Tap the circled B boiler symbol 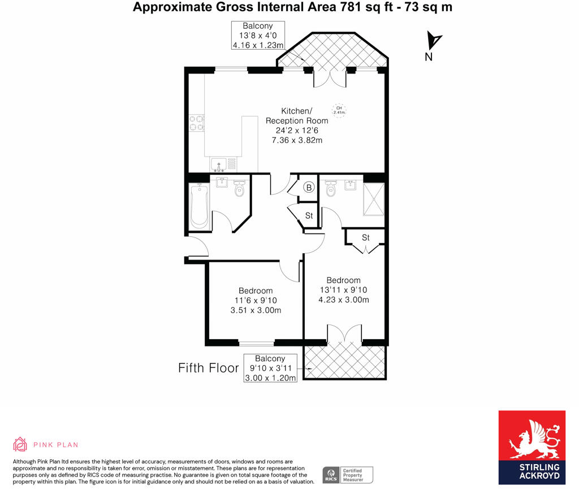tap(309, 188)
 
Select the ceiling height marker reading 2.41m tap(339, 110)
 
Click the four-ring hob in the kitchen tap(197, 123)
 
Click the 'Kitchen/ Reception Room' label tap(297, 115)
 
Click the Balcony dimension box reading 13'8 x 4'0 tap(258, 36)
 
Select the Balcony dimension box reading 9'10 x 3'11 tap(270, 368)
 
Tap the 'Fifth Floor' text tap(209, 368)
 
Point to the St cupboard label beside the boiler tap(309, 215)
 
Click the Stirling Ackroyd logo tap(532, 447)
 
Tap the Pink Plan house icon tap(20, 444)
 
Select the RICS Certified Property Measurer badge tap(348, 475)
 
